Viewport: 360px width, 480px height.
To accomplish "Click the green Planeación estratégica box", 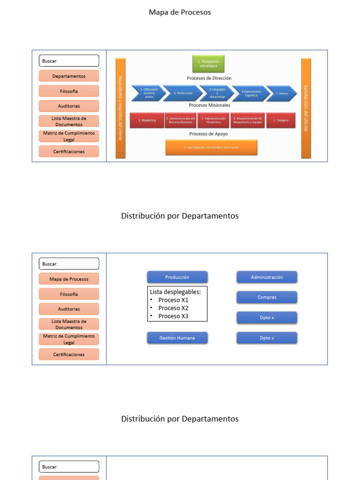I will (208, 64).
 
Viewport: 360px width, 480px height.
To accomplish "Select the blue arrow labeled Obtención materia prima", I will (148, 93).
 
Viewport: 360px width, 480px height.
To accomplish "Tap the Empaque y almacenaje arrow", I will (216, 93).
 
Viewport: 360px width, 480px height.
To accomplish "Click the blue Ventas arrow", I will (281, 93).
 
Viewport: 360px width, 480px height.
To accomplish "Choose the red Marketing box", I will (147, 120).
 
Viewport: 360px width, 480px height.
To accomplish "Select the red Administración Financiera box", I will (213, 120).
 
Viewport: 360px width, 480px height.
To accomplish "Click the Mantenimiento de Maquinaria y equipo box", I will (247, 120).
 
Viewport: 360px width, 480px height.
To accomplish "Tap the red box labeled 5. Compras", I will (281, 120).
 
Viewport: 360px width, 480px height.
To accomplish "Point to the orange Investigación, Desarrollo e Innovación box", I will (211, 147).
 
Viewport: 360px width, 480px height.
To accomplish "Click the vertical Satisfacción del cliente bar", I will (306, 108).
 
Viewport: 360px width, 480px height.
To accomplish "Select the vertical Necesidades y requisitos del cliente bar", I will (120, 108).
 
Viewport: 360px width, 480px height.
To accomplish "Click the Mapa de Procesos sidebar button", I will (69, 279).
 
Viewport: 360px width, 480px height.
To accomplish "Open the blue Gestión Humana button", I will (177, 338).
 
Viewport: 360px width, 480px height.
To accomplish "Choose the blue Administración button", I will (267, 277).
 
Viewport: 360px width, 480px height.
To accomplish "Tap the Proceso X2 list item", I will (173, 308).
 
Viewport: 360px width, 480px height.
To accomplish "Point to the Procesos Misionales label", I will (210, 105).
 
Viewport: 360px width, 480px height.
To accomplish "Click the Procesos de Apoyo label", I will (209, 134).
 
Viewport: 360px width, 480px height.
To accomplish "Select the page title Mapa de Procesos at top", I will (180, 12).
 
